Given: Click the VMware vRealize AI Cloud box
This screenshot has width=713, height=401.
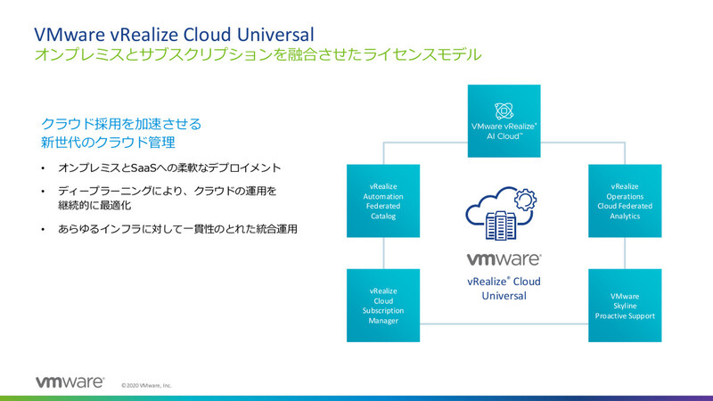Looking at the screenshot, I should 504,120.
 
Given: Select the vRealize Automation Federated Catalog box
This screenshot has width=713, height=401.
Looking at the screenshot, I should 382,200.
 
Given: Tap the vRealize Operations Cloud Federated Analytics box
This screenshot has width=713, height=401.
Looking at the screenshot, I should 625,200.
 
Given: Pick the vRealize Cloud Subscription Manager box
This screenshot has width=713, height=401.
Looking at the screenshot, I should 382,306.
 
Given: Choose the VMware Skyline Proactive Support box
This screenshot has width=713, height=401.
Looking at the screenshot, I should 625,306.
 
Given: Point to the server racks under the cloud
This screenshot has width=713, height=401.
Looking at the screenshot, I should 496,225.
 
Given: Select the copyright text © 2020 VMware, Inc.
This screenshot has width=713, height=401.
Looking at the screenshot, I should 146,386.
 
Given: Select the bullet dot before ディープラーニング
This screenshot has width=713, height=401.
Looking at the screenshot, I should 42,192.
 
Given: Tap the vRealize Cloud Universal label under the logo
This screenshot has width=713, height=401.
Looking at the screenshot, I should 504,288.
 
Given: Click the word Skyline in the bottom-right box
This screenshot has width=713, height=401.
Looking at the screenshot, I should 625,306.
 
